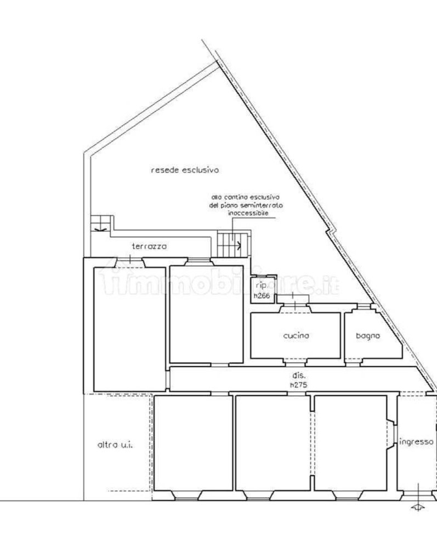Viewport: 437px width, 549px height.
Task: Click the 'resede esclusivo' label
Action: [x=185, y=170]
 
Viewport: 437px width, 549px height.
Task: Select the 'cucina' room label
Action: [x=296, y=335]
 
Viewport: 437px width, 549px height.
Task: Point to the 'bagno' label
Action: [x=367, y=335]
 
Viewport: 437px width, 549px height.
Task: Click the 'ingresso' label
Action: [x=417, y=442]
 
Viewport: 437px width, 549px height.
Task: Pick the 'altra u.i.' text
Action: [x=116, y=445]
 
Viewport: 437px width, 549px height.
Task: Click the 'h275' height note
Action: [x=298, y=385]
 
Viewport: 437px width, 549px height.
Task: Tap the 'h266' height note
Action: [x=262, y=296]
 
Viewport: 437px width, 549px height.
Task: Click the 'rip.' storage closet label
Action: [x=261, y=285]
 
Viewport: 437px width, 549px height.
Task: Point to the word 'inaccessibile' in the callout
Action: [x=246, y=213]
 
